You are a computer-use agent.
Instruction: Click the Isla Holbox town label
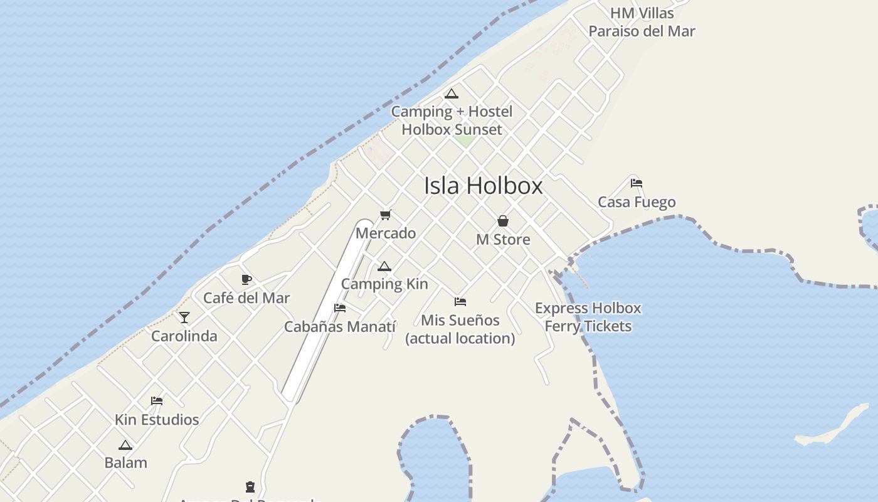point(483,186)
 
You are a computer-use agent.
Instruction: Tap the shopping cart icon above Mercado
point(386,215)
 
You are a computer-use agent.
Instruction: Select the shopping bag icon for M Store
point(503,221)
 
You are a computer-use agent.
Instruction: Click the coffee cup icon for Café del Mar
point(246,279)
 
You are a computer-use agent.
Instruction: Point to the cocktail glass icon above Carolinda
point(184,318)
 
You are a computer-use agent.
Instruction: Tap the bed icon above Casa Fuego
point(637,183)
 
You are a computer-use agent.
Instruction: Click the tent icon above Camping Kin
point(384,267)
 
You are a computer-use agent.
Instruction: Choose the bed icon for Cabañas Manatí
point(340,308)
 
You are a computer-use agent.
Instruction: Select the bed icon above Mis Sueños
point(460,302)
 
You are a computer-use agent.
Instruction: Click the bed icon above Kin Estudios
point(157,401)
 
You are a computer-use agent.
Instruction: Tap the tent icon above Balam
point(125,446)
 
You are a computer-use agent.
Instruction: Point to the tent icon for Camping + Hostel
point(452,94)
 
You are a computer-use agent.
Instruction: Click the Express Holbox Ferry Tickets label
point(588,317)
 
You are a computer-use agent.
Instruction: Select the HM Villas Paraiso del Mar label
point(642,22)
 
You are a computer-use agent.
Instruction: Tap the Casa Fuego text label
point(637,202)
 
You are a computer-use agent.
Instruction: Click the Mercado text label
point(386,233)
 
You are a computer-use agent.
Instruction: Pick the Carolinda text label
point(184,336)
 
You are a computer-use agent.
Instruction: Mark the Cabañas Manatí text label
point(340,327)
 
